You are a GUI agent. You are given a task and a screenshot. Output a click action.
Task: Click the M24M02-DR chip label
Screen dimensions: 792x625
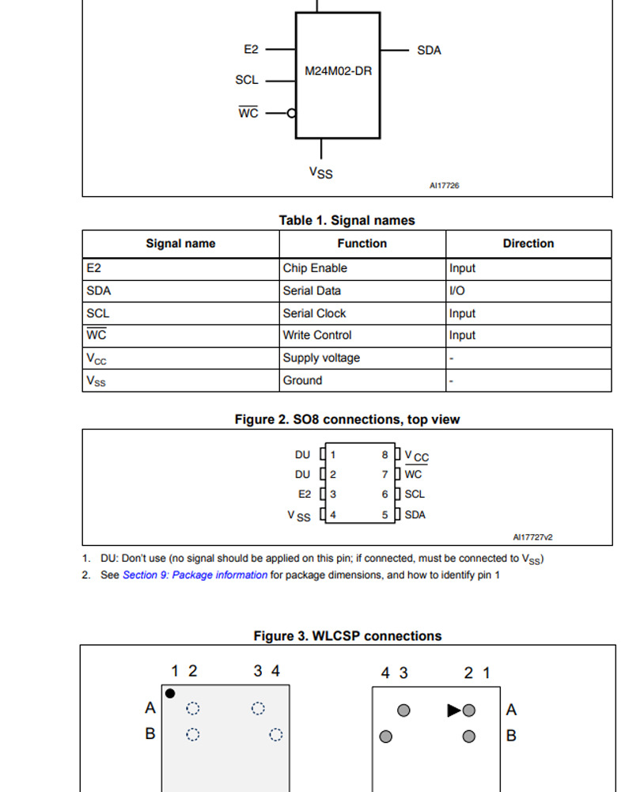click(x=338, y=71)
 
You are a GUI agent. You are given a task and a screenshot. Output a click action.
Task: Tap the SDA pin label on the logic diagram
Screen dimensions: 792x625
click(x=429, y=50)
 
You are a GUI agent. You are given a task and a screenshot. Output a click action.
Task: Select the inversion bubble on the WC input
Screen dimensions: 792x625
click(x=291, y=113)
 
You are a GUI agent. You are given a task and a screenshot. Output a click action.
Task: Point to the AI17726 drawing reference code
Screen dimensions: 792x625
click(x=444, y=186)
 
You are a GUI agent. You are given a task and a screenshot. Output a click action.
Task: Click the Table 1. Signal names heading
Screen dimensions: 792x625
click(x=347, y=221)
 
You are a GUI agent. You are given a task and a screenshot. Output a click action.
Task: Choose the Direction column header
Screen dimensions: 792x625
click(x=528, y=244)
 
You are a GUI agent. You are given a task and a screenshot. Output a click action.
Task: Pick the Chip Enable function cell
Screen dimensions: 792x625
click(x=315, y=268)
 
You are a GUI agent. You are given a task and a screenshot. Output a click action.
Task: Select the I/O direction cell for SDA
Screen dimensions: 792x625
click(x=457, y=290)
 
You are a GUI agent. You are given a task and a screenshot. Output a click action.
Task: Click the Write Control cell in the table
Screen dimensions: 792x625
click(x=317, y=335)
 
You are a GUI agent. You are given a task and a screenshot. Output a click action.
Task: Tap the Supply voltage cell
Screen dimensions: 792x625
click(x=321, y=358)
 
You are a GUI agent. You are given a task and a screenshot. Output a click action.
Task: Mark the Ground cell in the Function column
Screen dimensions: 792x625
click(x=303, y=381)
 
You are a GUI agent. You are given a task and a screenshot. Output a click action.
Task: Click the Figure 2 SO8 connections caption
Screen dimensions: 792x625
click(x=347, y=419)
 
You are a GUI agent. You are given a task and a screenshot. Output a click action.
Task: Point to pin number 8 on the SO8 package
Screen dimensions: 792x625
click(x=385, y=455)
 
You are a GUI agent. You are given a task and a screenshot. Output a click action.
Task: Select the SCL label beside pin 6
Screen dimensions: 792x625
click(x=415, y=495)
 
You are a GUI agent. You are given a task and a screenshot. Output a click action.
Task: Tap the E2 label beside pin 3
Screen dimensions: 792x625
click(x=305, y=495)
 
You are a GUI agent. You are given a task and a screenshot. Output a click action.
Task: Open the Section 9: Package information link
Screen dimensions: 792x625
click(x=195, y=575)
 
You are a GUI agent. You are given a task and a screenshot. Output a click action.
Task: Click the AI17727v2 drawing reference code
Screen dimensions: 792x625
click(x=532, y=537)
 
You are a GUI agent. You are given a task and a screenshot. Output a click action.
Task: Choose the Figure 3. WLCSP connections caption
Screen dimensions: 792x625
click(x=347, y=636)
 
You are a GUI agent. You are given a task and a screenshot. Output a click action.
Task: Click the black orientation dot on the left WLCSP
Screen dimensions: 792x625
click(x=170, y=694)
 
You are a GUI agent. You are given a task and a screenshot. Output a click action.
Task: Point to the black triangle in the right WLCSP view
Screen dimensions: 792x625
click(x=453, y=710)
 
